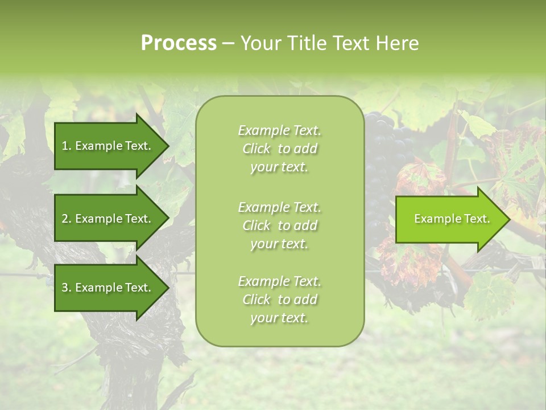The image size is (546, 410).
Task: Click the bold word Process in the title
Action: pos(179,43)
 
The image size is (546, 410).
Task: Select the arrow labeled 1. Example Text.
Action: pos(108,146)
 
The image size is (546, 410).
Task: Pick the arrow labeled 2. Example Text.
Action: pos(108,219)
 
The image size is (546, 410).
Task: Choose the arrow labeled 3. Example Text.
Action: pos(108,288)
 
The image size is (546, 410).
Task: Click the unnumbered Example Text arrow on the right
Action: pos(449,219)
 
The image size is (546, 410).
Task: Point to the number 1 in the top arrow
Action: pos(65,146)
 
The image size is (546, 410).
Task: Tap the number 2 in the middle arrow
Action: pos(65,219)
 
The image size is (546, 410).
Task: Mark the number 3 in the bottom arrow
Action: pos(65,288)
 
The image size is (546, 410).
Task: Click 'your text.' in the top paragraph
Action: pos(279,167)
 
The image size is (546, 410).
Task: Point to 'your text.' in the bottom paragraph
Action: pos(279,318)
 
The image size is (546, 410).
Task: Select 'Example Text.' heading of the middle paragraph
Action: pos(279,207)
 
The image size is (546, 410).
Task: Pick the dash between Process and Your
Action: pos(228,44)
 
